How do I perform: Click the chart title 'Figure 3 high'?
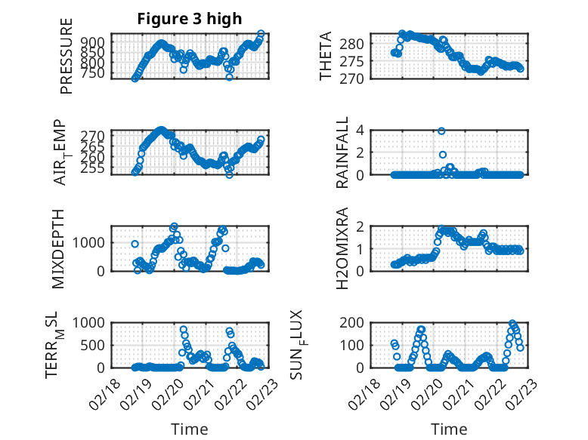click(x=189, y=19)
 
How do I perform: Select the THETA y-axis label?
click(x=326, y=57)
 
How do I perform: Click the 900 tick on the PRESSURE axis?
click(x=96, y=42)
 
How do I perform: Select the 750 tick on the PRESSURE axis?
click(x=96, y=73)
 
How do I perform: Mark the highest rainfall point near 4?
click(x=441, y=131)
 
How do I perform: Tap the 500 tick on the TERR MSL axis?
click(x=96, y=345)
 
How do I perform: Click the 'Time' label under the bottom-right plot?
click(x=449, y=429)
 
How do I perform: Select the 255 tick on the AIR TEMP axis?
click(x=96, y=169)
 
